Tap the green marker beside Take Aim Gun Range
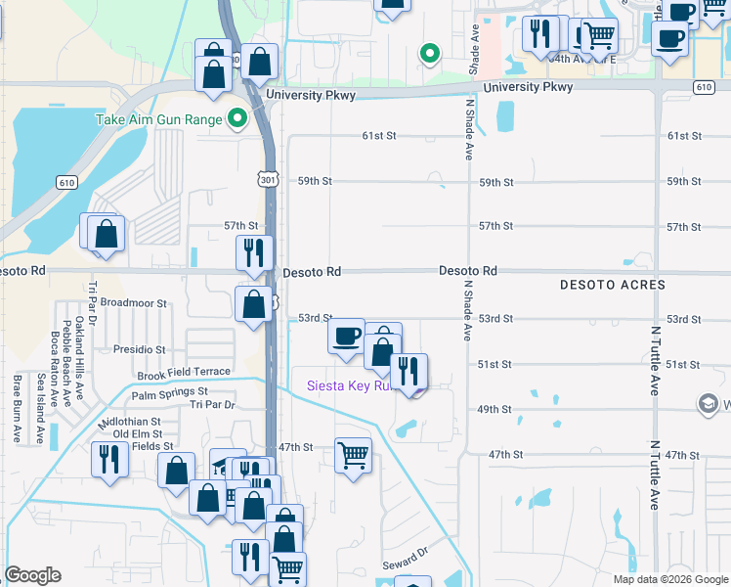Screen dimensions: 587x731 pos(236,120)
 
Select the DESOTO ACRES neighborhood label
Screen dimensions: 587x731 pos(613,285)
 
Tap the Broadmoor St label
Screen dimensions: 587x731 pos(135,303)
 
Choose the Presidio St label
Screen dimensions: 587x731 pos(138,349)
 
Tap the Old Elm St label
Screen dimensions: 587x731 pos(137,433)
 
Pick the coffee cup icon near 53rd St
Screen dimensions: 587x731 pos(346,338)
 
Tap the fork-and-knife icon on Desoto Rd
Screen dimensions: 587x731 pos(254,253)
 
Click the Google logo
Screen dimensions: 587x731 pos(33,576)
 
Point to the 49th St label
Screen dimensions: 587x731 pos(494,410)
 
